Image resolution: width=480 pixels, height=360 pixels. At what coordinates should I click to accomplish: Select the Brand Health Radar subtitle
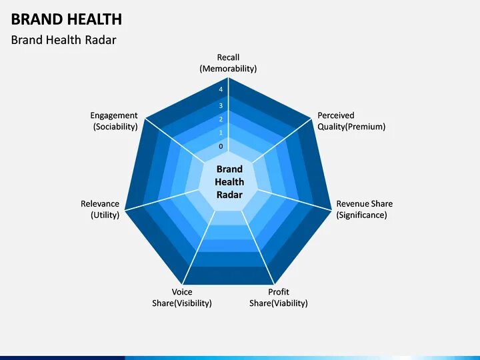(x=63, y=40)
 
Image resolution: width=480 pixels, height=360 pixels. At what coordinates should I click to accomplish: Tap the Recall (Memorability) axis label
(x=228, y=63)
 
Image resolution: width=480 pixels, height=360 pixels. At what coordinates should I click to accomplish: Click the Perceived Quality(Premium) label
(x=351, y=121)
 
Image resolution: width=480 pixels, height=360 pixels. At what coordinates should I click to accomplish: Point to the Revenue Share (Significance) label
(x=364, y=209)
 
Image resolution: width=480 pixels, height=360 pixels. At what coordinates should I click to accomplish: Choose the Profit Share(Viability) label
(x=279, y=297)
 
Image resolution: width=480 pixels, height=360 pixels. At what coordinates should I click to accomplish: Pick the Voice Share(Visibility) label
(x=182, y=297)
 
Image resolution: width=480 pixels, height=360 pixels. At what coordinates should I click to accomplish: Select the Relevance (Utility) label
(x=100, y=209)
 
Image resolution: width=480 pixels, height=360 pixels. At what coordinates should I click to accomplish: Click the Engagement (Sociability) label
(x=115, y=121)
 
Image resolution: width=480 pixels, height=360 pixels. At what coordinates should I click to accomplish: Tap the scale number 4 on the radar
(x=221, y=90)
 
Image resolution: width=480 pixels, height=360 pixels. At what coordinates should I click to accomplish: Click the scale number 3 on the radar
(x=221, y=105)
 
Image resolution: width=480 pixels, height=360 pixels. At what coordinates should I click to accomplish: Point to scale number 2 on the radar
(x=221, y=119)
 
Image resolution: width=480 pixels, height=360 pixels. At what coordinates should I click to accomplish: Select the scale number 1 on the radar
(x=221, y=133)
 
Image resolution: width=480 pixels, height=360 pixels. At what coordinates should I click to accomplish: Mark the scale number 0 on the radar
(x=221, y=146)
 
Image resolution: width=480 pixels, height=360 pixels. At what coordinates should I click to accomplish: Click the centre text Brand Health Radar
(x=229, y=182)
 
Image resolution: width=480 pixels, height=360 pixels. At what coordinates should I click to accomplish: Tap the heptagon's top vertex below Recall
(x=229, y=77)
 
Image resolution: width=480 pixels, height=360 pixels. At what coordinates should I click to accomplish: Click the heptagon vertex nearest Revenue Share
(x=331, y=209)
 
